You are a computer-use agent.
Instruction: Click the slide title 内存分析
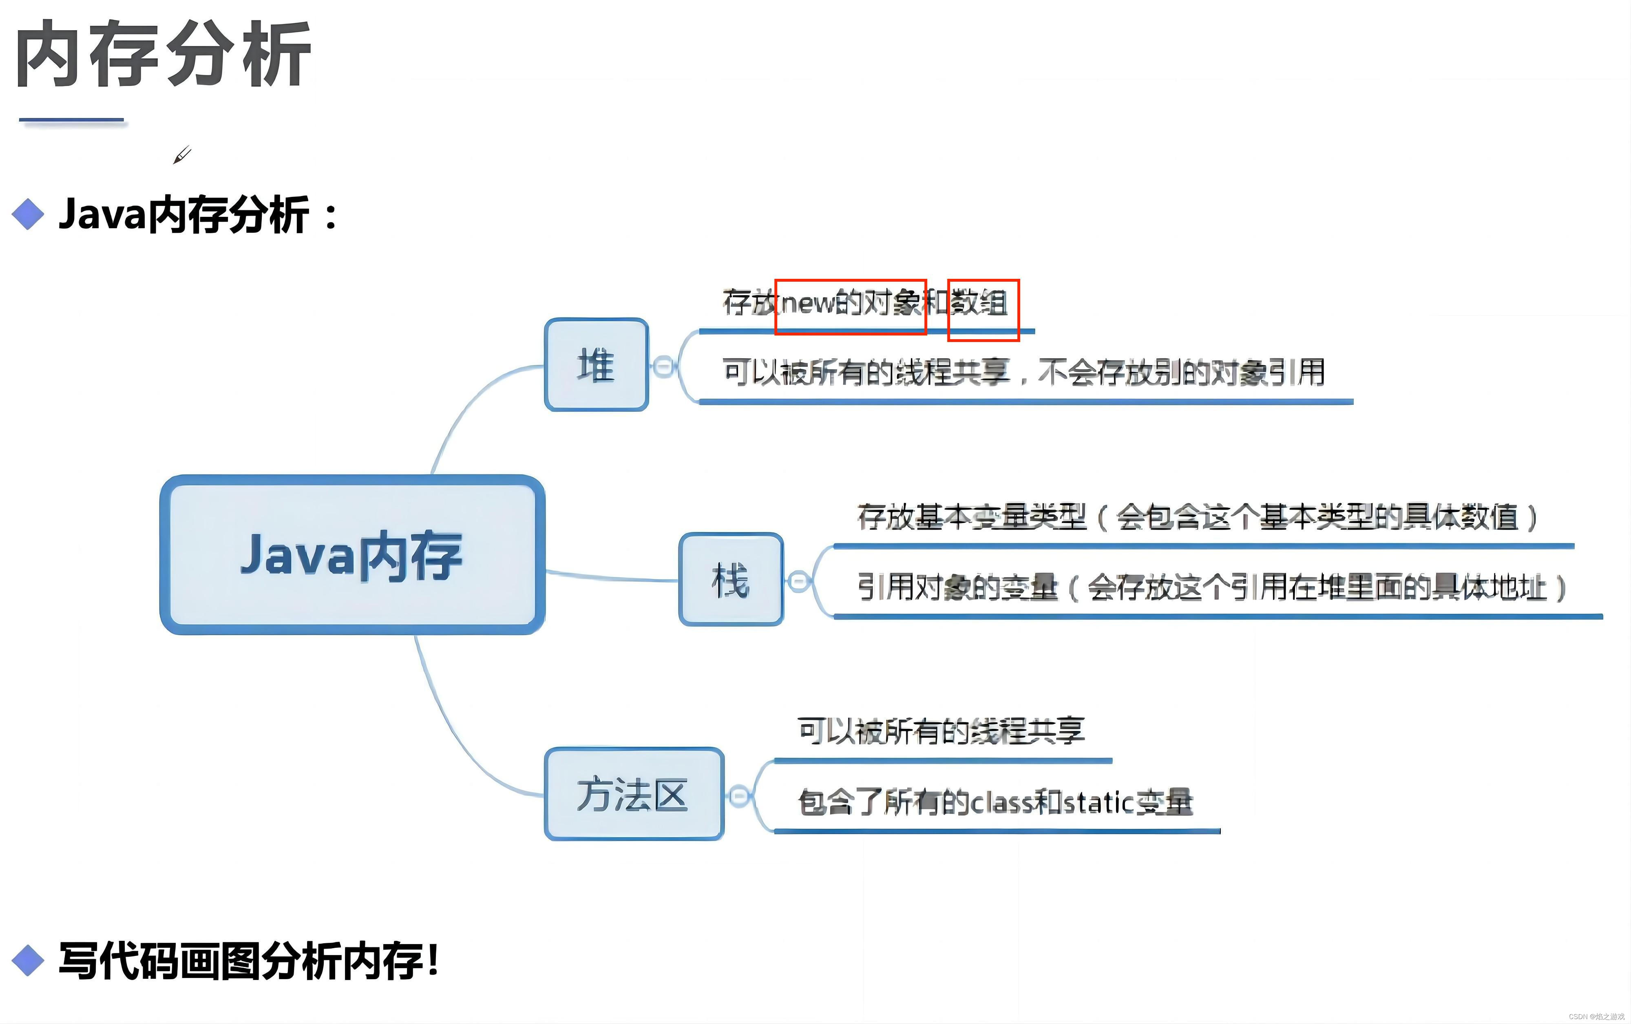coord(163,54)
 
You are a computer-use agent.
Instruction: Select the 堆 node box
coord(596,365)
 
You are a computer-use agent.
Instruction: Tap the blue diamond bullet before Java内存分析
coord(28,215)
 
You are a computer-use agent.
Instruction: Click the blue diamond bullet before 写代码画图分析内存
coord(28,960)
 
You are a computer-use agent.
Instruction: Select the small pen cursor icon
coord(181,155)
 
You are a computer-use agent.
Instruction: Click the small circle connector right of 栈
coord(799,581)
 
